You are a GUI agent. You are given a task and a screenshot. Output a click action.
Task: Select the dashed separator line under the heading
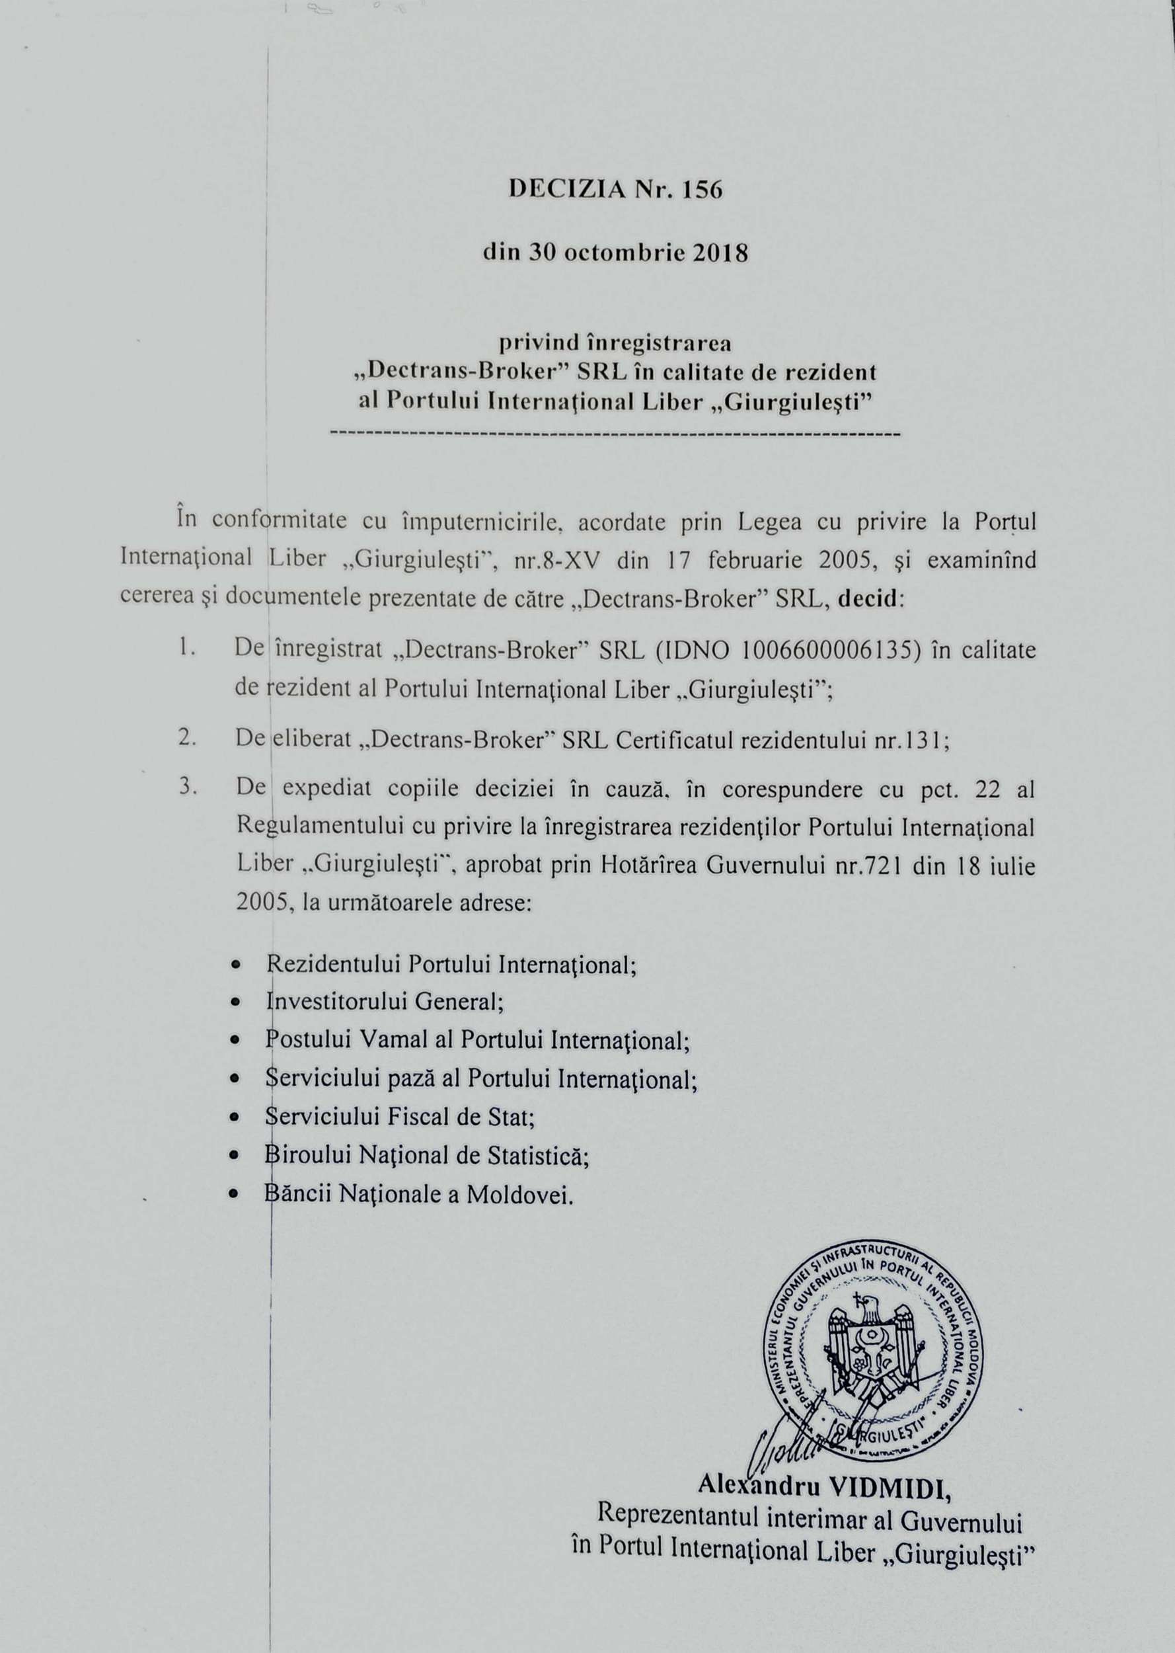pos(615,435)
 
